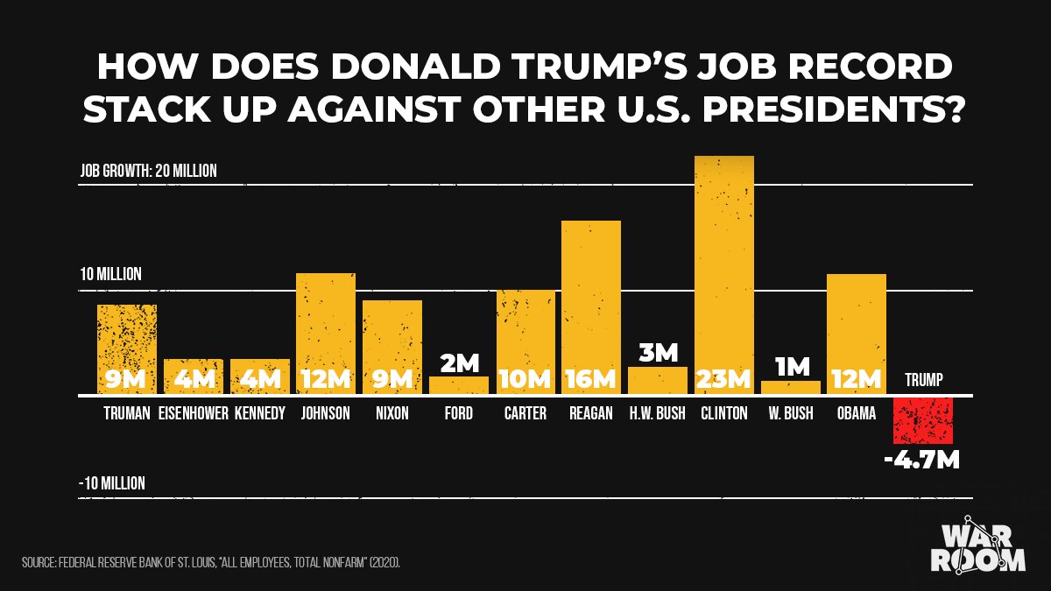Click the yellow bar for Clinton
tap(723, 263)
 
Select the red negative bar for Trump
tap(923, 420)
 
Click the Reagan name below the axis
tap(590, 413)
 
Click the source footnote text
tap(211, 561)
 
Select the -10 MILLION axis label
tap(111, 483)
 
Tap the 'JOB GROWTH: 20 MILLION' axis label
tap(148, 171)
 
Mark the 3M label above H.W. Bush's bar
tap(658, 352)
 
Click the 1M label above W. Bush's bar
tap(791, 366)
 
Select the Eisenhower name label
tap(194, 413)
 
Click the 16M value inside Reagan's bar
tap(590, 379)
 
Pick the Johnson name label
tap(325, 413)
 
